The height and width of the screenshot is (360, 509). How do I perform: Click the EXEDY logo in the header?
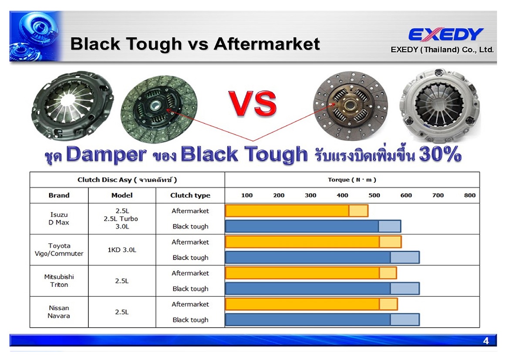pyautogui.click(x=446, y=34)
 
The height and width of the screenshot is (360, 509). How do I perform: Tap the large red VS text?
pyautogui.click(x=253, y=104)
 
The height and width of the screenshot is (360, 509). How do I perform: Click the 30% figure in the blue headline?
pyautogui.click(x=440, y=154)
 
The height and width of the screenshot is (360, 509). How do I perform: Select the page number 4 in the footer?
pyautogui.click(x=486, y=340)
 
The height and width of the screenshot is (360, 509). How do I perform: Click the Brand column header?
pyautogui.click(x=59, y=195)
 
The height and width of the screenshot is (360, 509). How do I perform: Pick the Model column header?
pyautogui.click(x=122, y=195)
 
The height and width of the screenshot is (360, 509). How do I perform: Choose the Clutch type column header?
pyautogui.click(x=190, y=195)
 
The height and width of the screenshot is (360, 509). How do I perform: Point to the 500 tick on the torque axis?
pyautogui.click(x=374, y=195)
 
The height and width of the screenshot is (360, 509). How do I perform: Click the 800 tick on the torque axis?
pyautogui.click(x=470, y=195)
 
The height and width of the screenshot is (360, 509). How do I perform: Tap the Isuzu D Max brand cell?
pyautogui.click(x=59, y=219)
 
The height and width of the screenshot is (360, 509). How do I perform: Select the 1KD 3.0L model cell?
pyautogui.click(x=122, y=250)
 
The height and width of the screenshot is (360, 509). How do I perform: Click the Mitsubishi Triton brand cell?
pyautogui.click(x=59, y=281)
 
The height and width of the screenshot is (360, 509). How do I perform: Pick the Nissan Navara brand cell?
pyautogui.click(x=59, y=312)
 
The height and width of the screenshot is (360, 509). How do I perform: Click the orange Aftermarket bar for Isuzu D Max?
pyautogui.click(x=297, y=211)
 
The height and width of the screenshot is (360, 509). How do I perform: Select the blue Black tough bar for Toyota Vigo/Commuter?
pyautogui.click(x=322, y=257)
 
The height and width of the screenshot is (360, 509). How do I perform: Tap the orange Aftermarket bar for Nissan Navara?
pyautogui.click(x=311, y=304)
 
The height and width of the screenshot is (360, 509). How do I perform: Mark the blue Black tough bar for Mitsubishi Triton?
pyautogui.click(x=322, y=289)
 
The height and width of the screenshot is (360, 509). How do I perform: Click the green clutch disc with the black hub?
pyautogui.click(x=159, y=109)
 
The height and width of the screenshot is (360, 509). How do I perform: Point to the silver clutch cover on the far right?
pyautogui.click(x=439, y=105)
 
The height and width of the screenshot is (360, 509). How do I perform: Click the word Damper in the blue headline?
pyautogui.click(x=106, y=155)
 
